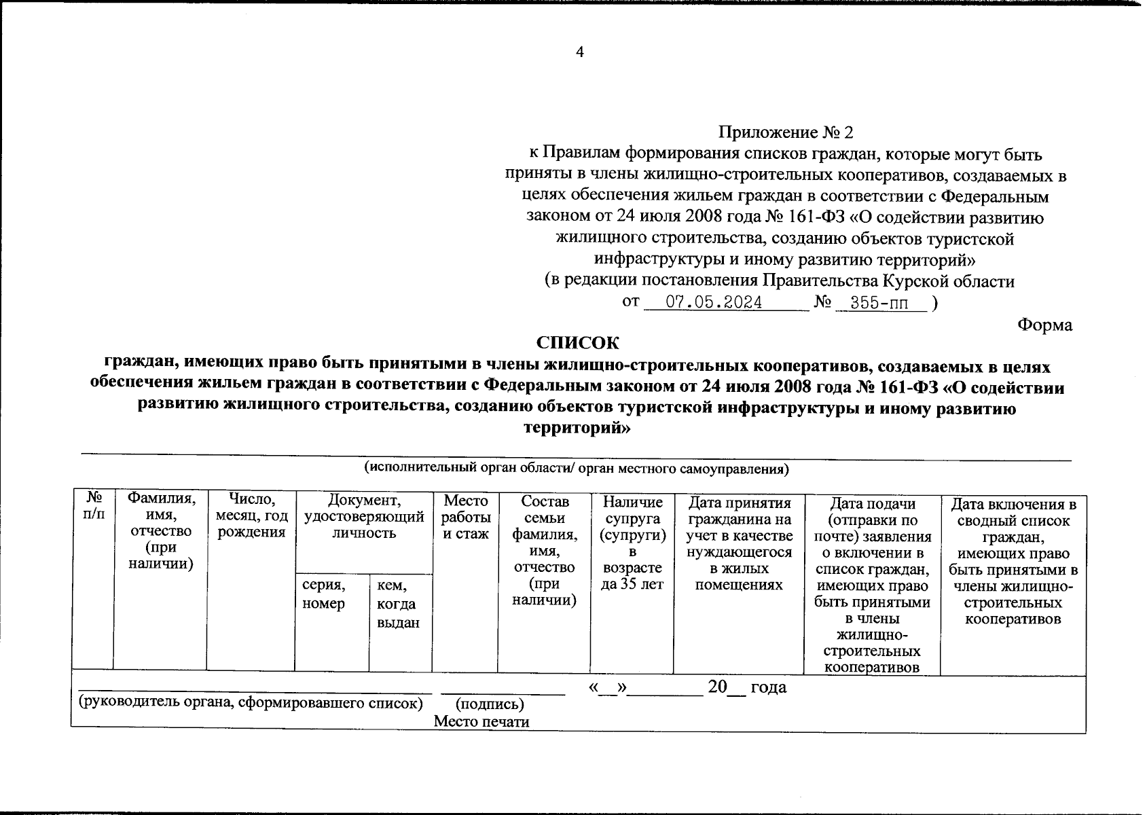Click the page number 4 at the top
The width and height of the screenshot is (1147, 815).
[x=579, y=52]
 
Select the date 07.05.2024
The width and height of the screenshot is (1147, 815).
[x=713, y=303]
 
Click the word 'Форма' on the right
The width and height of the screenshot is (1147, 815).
[x=1044, y=325]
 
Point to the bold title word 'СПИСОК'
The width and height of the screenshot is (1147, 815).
[x=578, y=342]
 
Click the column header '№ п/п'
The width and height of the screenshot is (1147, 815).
[x=94, y=507]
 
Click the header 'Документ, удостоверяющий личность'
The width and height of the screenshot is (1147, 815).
[x=364, y=516]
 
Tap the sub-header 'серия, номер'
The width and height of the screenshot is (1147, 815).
[x=324, y=594]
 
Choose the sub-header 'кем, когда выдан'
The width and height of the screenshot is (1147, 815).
[x=398, y=604]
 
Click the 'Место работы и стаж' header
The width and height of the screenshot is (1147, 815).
[x=465, y=517]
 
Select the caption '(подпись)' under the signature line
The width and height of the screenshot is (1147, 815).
[x=490, y=704]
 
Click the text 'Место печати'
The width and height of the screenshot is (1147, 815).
[x=481, y=721]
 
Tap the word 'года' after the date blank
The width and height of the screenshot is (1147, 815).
[x=769, y=687]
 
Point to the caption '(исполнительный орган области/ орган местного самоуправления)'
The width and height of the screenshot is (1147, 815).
[x=576, y=469]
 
